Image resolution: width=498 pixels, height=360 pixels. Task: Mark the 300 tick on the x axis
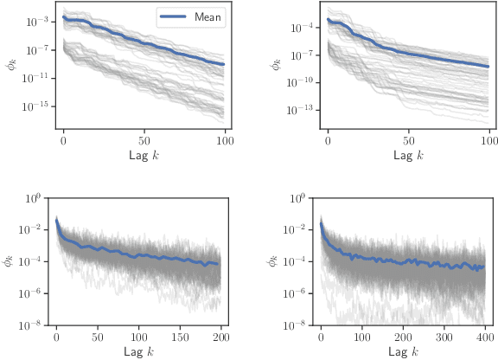444,339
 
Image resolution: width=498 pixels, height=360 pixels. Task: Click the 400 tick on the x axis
484,339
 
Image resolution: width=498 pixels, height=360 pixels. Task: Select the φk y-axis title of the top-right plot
278,65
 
